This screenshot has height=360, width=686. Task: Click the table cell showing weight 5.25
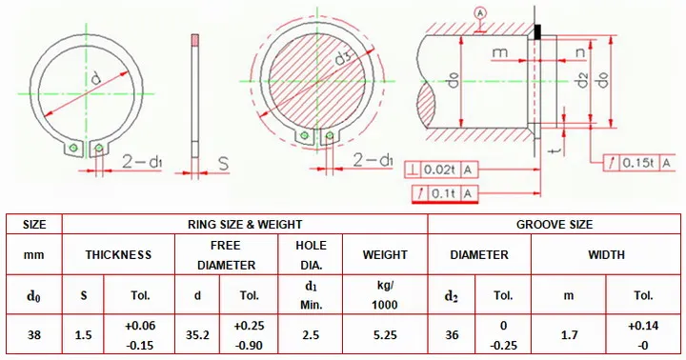pyautogui.click(x=385, y=335)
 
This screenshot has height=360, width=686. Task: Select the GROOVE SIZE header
pyautogui.click(x=555, y=225)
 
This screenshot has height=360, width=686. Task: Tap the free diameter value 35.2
pyautogui.click(x=197, y=335)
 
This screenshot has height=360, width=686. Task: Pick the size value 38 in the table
pyautogui.click(x=34, y=335)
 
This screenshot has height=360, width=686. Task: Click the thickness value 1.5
pyautogui.click(x=83, y=335)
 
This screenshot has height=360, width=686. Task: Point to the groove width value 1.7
pyautogui.click(x=568, y=335)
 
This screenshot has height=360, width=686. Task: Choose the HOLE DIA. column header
pyautogui.click(x=311, y=255)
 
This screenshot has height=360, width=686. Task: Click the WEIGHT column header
pyautogui.click(x=385, y=254)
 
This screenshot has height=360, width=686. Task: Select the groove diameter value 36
pyautogui.click(x=452, y=335)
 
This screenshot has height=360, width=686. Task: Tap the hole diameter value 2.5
pyautogui.click(x=311, y=335)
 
